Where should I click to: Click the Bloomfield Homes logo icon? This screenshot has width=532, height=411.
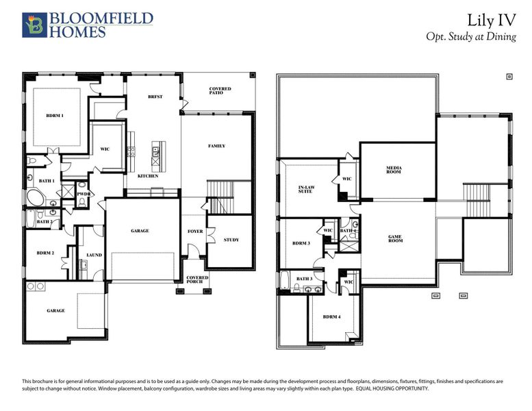pyautogui.click(x=32, y=24)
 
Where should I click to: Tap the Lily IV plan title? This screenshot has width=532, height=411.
pyautogui.click(x=492, y=19)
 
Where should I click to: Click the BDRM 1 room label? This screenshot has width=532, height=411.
pyautogui.click(x=55, y=115)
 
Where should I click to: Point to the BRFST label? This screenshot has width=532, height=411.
pyautogui.click(x=155, y=97)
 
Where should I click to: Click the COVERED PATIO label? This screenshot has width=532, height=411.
pyautogui.click(x=220, y=91)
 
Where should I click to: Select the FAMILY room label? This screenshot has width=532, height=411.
pyautogui.click(x=216, y=146)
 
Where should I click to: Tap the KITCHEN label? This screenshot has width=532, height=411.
pyautogui.click(x=148, y=176)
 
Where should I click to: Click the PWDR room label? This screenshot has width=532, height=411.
pyautogui.click(x=82, y=194)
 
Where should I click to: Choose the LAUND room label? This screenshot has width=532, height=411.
pyautogui.click(x=94, y=255)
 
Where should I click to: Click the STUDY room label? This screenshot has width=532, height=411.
pyautogui.click(x=231, y=240)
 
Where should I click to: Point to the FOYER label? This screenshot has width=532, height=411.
pyautogui.click(x=195, y=232)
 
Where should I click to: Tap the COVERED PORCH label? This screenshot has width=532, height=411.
pyautogui.click(x=197, y=279)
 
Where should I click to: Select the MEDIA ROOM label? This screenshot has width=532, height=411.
pyautogui.click(x=393, y=169)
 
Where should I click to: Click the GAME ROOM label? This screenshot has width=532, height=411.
pyautogui.click(x=396, y=239)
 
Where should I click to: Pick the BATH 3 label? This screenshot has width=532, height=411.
pyautogui.click(x=304, y=278)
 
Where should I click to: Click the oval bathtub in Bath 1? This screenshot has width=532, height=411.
pyautogui.click(x=35, y=199)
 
